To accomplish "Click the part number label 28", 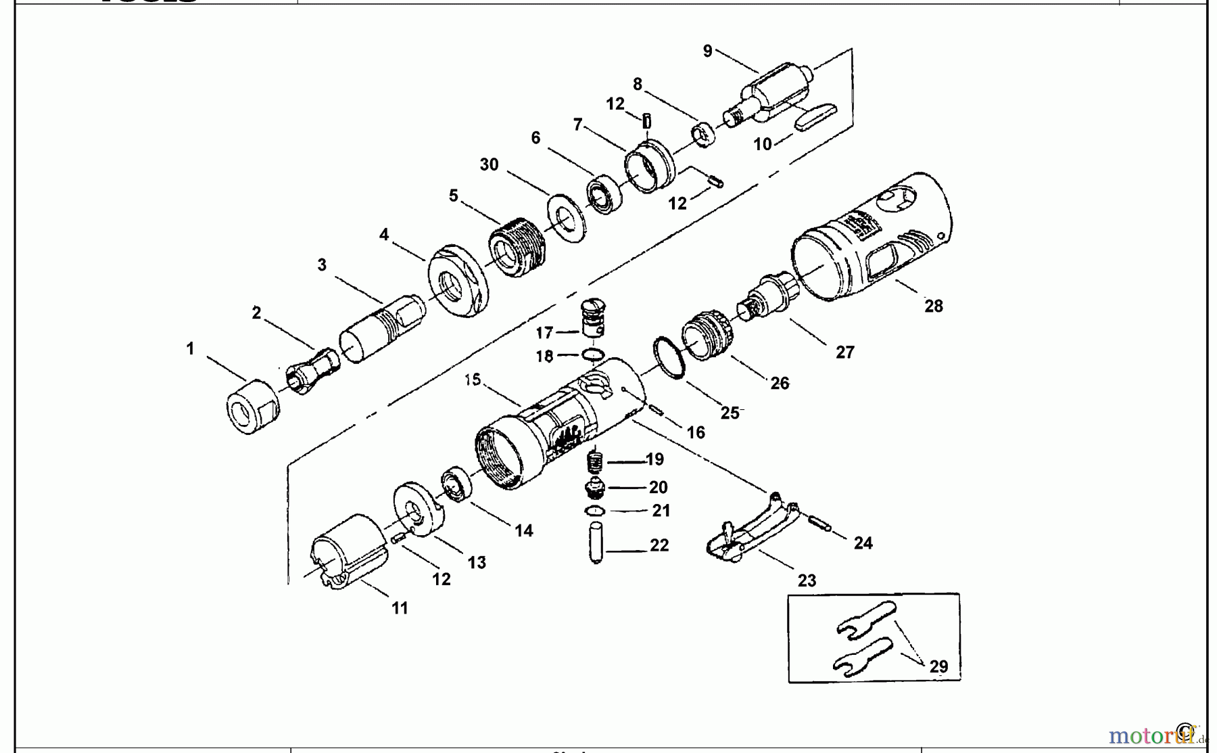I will [933, 306].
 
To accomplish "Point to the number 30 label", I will [489, 164].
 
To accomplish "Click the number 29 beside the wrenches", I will [938, 666].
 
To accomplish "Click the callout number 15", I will [473, 380].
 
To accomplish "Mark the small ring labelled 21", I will [594, 510].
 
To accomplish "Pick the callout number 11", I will [400, 608].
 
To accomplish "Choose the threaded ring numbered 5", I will [517, 247].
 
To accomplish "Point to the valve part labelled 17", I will [592, 318].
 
